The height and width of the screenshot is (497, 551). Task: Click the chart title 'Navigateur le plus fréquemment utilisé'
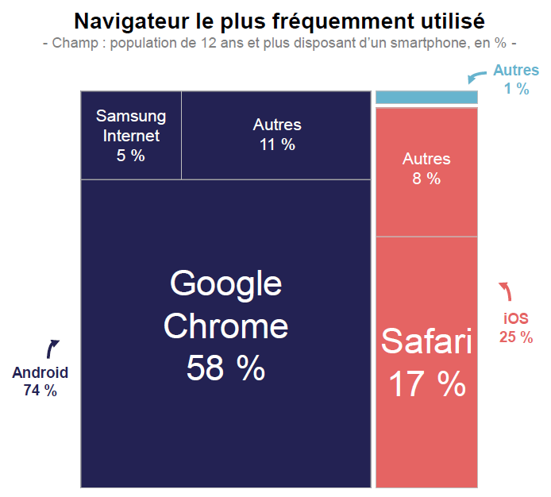[279, 20]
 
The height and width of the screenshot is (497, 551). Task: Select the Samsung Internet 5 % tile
[131, 135]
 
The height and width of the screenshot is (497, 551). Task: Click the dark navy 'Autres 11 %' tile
[277, 135]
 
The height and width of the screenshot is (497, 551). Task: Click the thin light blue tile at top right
[426, 97]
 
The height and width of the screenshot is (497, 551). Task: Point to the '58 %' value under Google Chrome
[225, 368]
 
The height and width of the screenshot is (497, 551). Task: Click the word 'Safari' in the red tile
[426, 341]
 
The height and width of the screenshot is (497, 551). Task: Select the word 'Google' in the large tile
[225, 283]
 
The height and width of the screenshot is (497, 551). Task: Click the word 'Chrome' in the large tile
[225, 326]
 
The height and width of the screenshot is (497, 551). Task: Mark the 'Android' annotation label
[40, 372]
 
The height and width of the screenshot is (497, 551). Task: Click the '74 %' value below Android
[40, 390]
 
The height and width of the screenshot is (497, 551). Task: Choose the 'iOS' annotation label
[515, 318]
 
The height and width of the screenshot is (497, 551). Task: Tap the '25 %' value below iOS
[515, 337]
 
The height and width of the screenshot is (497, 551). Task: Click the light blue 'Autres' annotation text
[515, 71]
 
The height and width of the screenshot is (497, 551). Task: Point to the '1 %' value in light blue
[516, 89]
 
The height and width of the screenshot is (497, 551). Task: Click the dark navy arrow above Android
[53, 348]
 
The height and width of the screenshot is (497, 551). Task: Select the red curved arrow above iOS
[506, 291]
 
